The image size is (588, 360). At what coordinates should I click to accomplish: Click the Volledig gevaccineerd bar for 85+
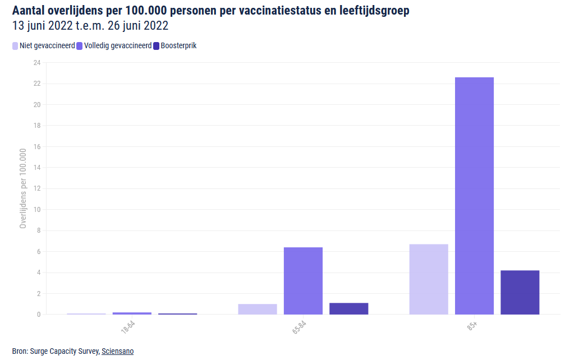474,196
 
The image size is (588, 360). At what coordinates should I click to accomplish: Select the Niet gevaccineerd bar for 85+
429,279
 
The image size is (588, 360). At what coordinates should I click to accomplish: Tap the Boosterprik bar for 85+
520,292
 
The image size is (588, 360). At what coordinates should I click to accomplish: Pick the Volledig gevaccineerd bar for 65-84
303,280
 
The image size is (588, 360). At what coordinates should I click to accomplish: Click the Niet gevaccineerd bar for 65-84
258,309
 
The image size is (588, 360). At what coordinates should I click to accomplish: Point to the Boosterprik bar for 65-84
348,308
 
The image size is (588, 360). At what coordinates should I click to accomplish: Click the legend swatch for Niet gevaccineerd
15,46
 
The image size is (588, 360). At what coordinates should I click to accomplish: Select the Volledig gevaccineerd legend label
118,46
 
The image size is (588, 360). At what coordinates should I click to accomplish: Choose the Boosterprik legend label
178,46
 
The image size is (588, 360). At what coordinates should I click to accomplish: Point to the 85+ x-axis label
472,326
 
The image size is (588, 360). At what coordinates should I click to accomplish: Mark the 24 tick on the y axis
37,63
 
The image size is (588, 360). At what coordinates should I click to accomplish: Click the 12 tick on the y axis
37,189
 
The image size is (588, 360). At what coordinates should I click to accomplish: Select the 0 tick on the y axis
39,315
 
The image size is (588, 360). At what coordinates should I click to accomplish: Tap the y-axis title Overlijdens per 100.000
23,188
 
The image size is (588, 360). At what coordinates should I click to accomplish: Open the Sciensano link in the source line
117,351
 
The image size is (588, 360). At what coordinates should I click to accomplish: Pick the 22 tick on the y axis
37,84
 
